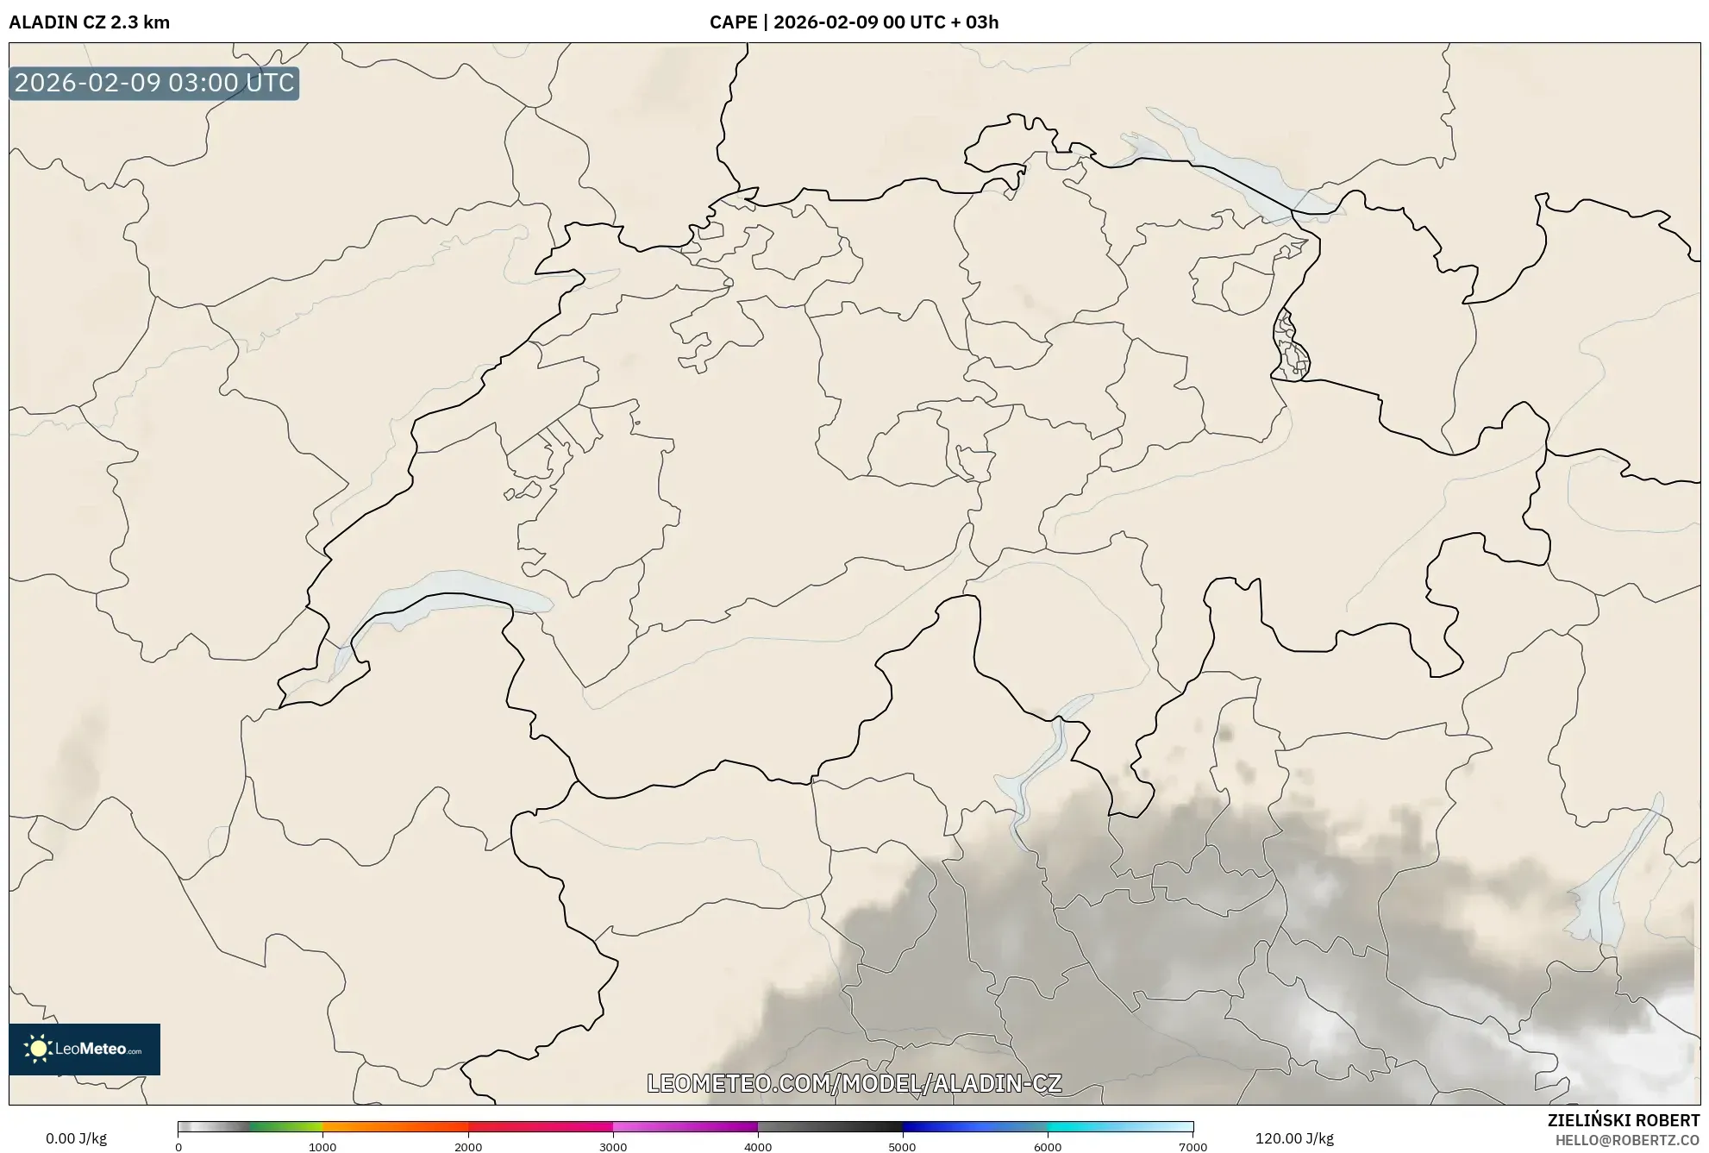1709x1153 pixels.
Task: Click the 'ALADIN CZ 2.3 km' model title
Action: pos(89,22)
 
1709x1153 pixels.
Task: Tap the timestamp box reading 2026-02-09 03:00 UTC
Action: pos(154,83)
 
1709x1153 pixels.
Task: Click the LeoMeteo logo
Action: pos(85,1049)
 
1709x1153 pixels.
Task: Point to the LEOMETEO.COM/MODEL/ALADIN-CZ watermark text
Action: pos(854,1083)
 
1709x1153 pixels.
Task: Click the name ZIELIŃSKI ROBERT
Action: pos(1623,1120)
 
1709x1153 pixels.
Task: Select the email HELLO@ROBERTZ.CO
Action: pos(1627,1140)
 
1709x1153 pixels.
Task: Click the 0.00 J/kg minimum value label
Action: pos(76,1138)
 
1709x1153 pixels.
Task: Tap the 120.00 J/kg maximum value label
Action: pos(1293,1138)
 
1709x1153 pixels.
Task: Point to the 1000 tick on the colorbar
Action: pos(322,1147)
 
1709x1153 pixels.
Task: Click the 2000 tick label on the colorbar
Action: pos(468,1147)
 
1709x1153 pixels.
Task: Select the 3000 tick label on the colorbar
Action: pos(613,1147)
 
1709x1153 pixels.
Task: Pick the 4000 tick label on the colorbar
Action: pos(758,1147)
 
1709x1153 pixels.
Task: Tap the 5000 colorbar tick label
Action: pos(902,1147)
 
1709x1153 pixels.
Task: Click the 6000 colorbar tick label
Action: pos(1048,1147)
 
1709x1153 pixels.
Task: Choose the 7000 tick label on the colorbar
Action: pos(1193,1147)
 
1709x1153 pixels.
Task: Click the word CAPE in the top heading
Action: pos(733,22)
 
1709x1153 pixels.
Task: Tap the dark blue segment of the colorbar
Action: pos(940,1127)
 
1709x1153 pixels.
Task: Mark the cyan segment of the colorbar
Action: pos(1086,1127)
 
